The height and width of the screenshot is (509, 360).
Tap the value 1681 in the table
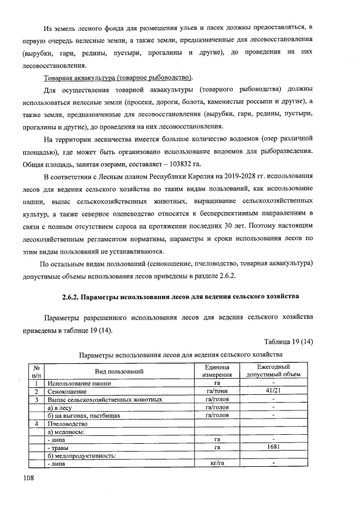(273, 447)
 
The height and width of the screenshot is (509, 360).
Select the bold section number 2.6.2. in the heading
(73, 296)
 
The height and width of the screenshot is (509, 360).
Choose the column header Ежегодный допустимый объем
(273, 371)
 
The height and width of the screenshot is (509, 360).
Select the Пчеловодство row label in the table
(67, 424)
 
